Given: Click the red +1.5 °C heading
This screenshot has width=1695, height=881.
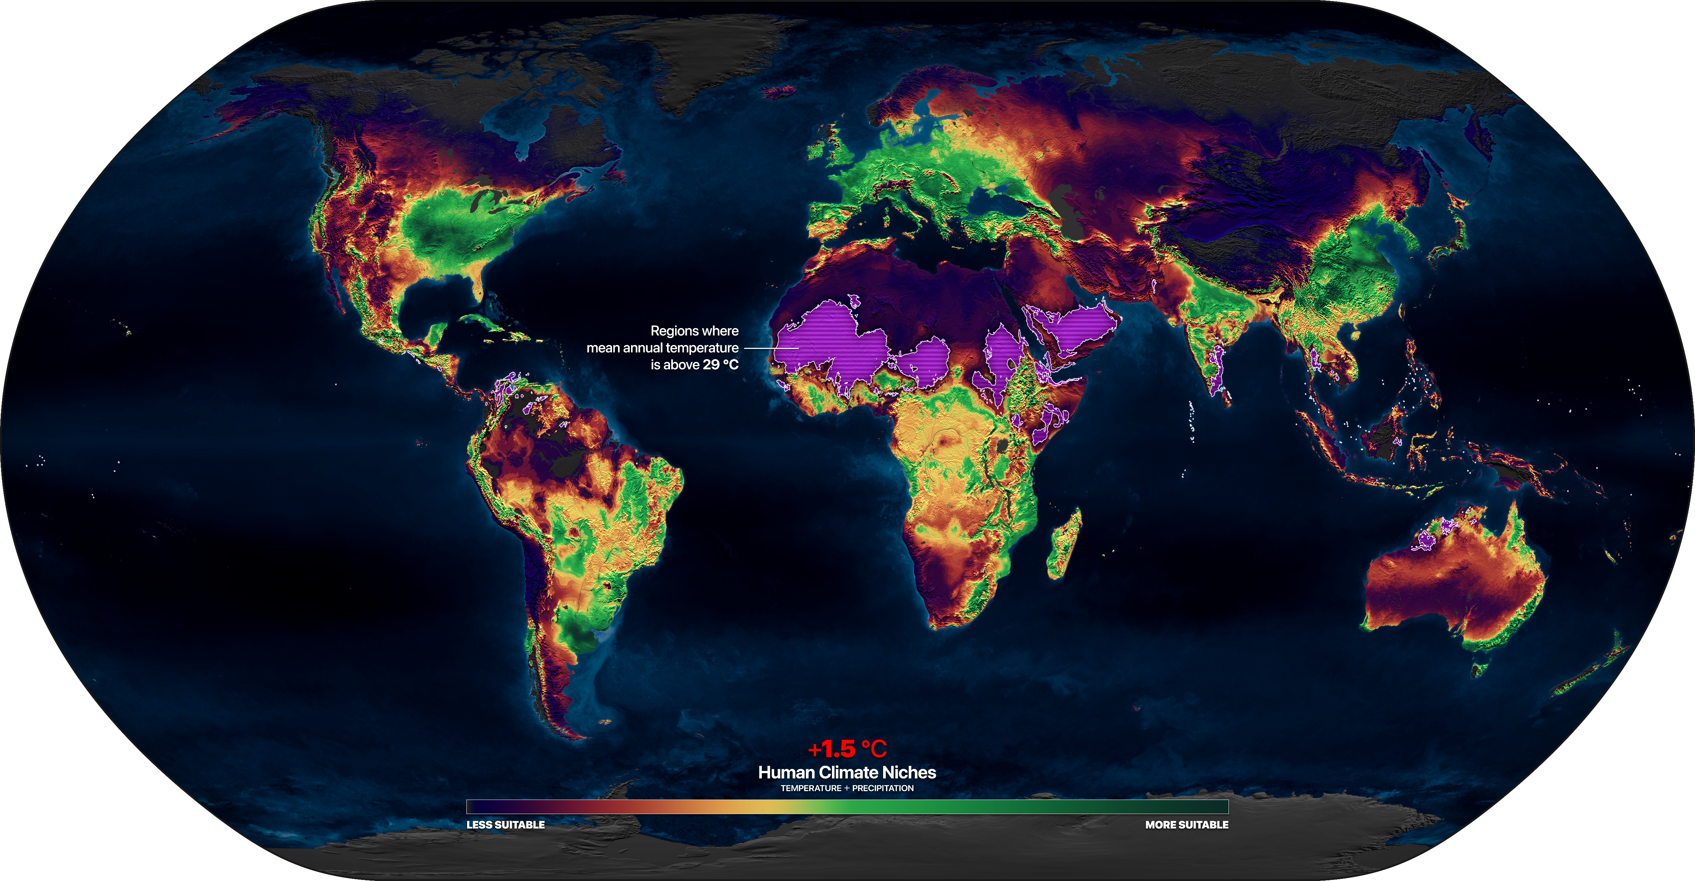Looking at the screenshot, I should [847, 749].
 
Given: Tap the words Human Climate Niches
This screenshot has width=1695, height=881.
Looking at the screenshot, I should [847, 772].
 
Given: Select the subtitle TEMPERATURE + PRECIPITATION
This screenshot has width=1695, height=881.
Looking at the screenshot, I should [847, 788].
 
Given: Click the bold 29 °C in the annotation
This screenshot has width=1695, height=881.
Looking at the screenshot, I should [721, 364].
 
